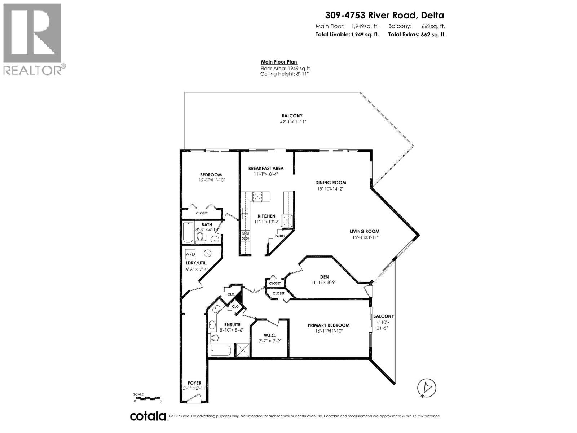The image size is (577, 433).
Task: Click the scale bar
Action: (x=147, y=399)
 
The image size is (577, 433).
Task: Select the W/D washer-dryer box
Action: (x=190, y=254)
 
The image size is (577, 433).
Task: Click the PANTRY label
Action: (x=280, y=236)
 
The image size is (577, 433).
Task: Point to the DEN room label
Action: (x=324, y=277)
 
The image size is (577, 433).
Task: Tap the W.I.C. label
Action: (x=270, y=335)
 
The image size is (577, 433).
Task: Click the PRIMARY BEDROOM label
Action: (x=329, y=325)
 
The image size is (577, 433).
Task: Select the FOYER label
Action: (x=194, y=383)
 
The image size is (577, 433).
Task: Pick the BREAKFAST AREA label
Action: (x=266, y=168)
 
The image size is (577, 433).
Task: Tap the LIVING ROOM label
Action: (x=364, y=231)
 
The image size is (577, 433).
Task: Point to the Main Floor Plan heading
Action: (x=279, y=62)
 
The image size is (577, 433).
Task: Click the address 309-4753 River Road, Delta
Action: (x=384, y=15)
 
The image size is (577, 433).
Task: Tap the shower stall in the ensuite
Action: (x=242, y=350)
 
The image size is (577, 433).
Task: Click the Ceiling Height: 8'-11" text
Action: (x=285, y=74)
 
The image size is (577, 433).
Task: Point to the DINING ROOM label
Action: (x=331, y=183)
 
